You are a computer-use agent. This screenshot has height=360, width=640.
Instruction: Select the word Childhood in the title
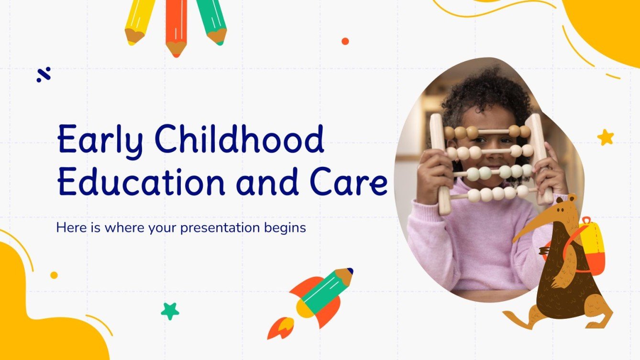click(240, 139)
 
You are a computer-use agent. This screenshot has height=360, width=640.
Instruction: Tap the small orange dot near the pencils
click(345, 41)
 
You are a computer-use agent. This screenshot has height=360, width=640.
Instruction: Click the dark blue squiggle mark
click(44, 75)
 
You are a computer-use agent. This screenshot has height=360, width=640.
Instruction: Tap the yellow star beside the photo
click(605, 137)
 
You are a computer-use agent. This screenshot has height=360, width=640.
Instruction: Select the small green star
click(170, 311)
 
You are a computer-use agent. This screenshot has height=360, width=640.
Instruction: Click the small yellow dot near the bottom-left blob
click(54, 275)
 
